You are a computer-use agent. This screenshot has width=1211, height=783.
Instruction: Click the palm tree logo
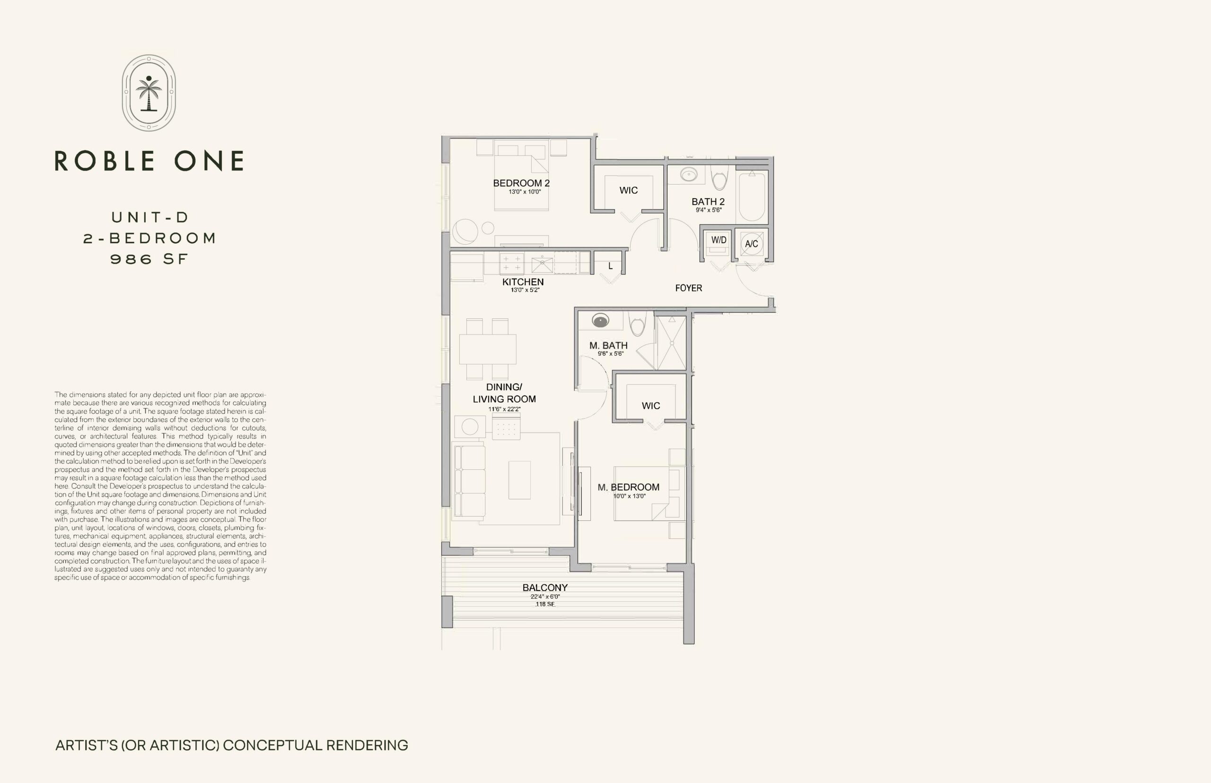pyautogui.click(x=149, y=93)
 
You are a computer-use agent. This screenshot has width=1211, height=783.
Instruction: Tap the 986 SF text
pyautogui.click(x=149, y=259)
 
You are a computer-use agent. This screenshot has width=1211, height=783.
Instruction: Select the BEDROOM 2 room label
pyautogui.click(x=521, y=183)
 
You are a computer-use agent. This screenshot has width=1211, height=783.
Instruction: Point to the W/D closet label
pyautogui.click(x=719, y=240)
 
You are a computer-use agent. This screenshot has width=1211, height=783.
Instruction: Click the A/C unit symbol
pyautogui.click(x=751, y=244)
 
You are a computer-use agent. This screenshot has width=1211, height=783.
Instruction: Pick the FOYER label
pyautogui.click(x=688, y=288)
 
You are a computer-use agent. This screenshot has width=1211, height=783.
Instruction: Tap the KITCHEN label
pyautogui.click(x=523, y=282)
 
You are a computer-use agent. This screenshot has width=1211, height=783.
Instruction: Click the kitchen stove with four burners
pyautogui.click(x=511, y=264)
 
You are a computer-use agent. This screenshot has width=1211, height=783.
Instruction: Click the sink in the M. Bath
pyautogui.click(x=600, y=321)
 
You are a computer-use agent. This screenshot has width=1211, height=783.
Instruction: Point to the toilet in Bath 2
pyautogui.click(x=720, y=177)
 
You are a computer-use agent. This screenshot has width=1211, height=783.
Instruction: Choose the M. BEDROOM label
pyautogui.click(x=628, y=487)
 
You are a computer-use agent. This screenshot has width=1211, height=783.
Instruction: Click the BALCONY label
pyautogui.click(x=545, y=587)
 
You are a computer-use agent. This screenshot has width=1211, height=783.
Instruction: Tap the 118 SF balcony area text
pyautogui.click(x=545, y=604)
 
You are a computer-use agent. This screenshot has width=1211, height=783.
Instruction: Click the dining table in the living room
pyautogui.click(x=488, y=349)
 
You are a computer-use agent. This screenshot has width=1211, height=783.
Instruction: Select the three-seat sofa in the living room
pyautogui.click(x=468, y=481)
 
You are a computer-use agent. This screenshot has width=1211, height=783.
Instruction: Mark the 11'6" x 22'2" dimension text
pyautogui.click(x=504, y=409)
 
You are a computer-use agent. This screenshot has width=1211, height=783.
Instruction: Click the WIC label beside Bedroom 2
pyautogui.click(x=628, y=190)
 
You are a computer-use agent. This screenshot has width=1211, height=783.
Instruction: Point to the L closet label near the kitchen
pyautogui.click(x=610, y=266)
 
